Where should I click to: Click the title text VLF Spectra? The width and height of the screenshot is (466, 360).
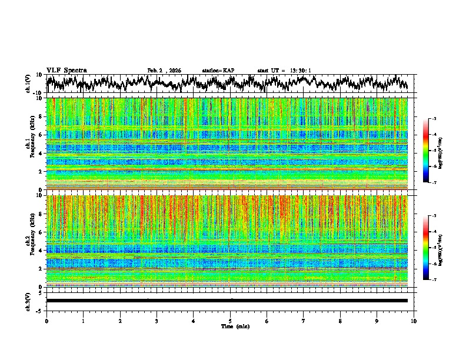coord(66,70)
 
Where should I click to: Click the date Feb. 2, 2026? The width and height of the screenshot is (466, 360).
coord(164,71)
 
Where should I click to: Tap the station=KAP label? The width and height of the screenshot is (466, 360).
coord(218,71)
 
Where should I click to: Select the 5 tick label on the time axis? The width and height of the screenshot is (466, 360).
coord(230,321)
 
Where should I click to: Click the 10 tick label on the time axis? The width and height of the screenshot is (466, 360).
coord(414,321)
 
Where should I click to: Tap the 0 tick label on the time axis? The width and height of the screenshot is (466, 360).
coord(46,321)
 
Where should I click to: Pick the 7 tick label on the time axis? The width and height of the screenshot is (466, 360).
coord(304,321)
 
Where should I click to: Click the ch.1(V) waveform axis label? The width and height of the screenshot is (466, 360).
coord(28,84)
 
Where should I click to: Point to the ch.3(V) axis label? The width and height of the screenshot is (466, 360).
coord(28,301)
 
